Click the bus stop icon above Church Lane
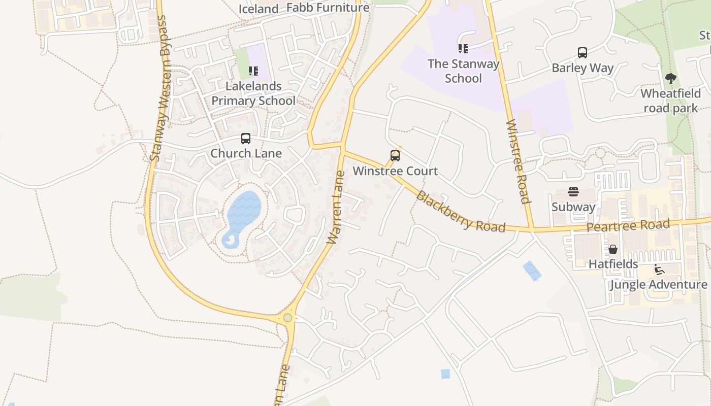click(246, 138)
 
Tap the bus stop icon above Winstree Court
click(395, 156)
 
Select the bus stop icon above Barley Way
click(583, 52)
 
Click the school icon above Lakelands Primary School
click(253, 71)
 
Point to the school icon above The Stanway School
click(463, 49)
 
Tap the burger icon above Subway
click(573, 192)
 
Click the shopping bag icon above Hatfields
click(613, 249)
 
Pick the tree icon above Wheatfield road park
click(670, 79)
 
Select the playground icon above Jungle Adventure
click(659, 269)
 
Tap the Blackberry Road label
click(461, 211)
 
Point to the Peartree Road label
click(628, 225)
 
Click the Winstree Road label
click(519, 161)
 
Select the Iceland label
click(258, 9)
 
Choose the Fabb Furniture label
click(328, 8)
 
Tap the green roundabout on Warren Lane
click(288, 318)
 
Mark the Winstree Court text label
click(395, 171)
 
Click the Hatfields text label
click(613, 264)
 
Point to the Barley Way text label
click(583, 67)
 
